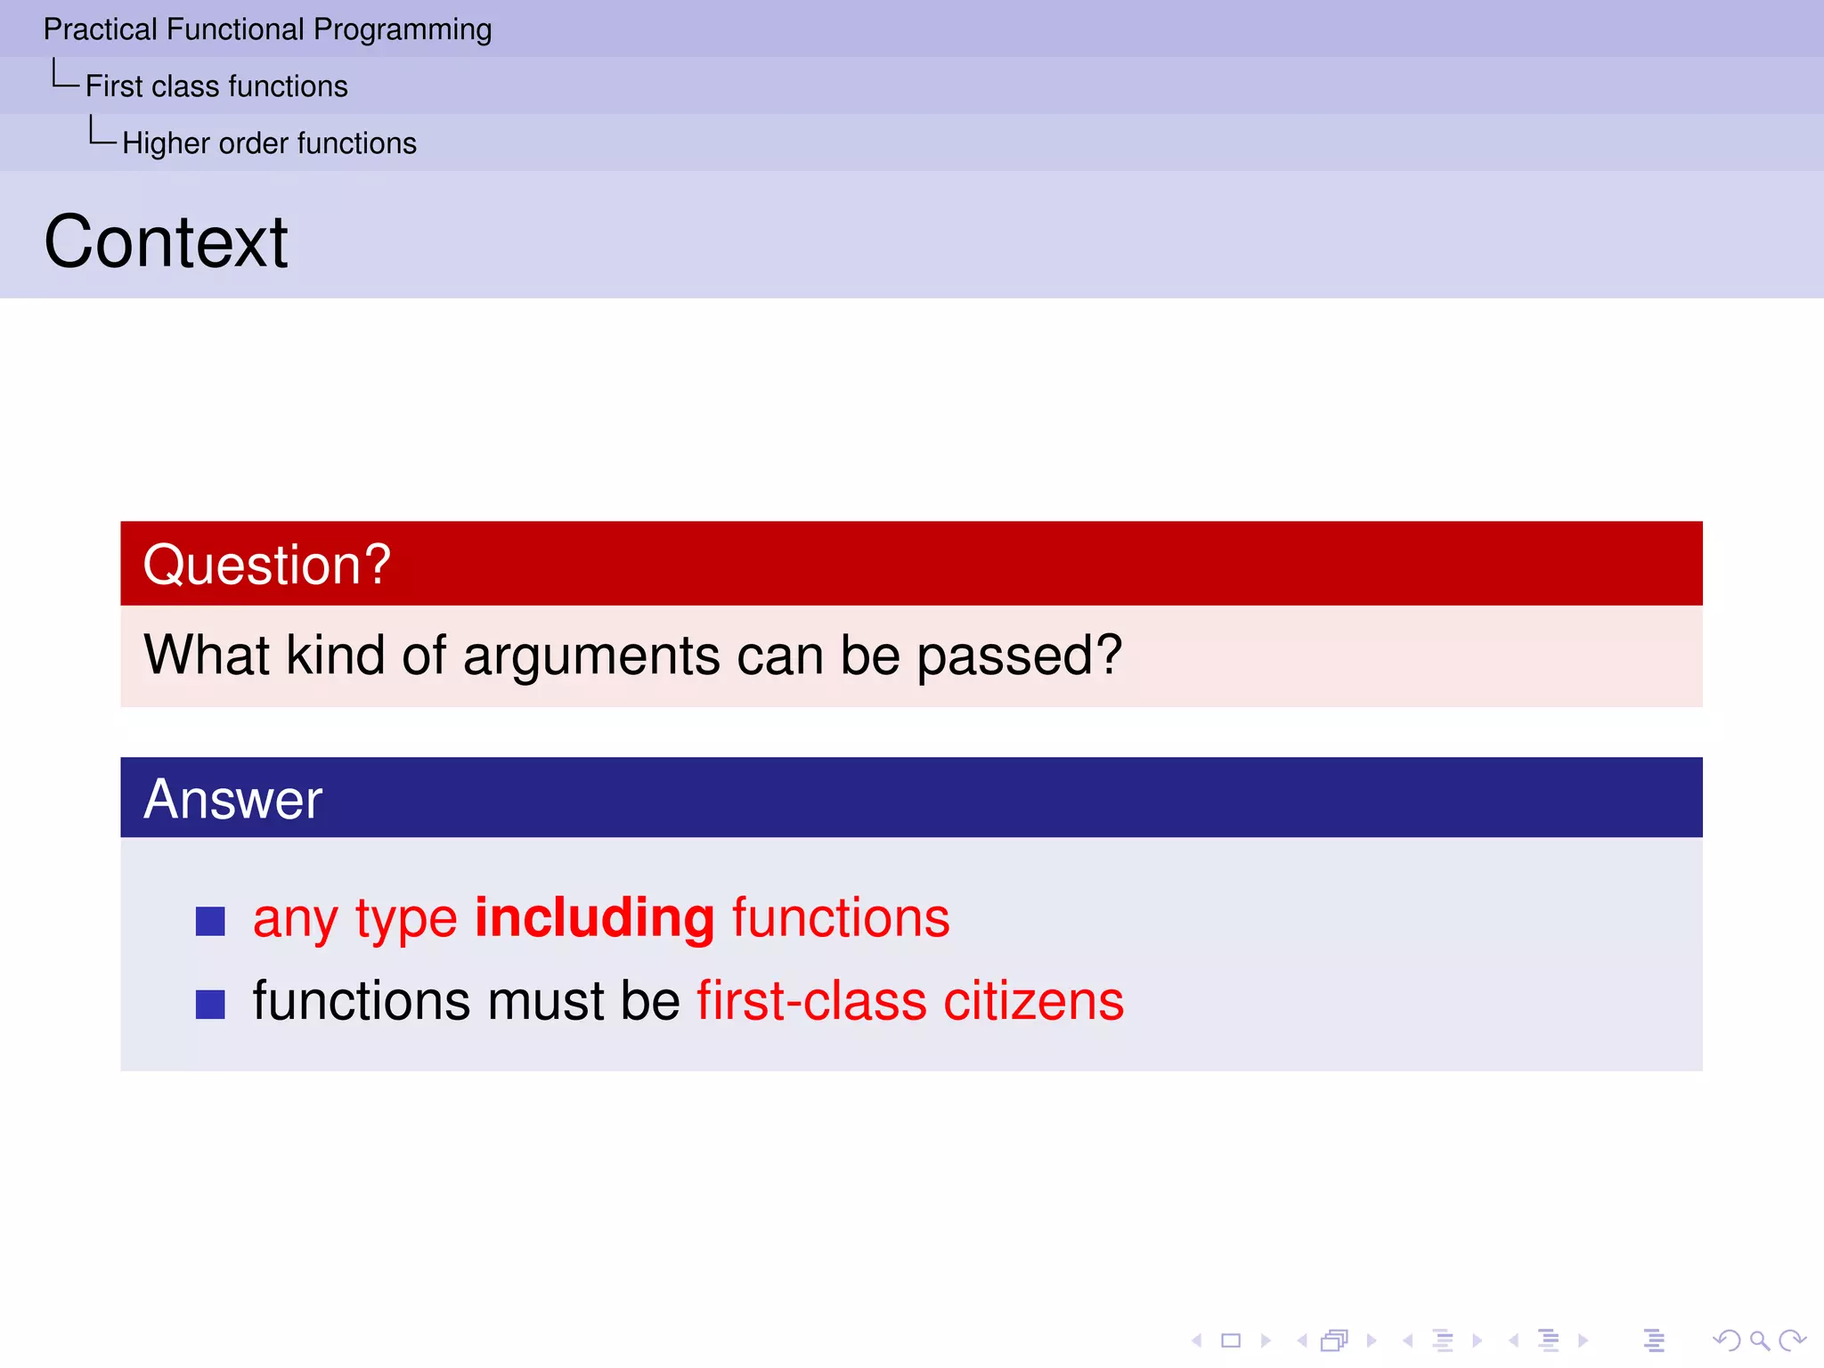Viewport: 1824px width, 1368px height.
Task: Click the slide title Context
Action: point(166,242)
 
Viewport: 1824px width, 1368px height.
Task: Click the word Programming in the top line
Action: point(402,30)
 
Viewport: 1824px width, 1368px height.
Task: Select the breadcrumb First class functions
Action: point(216,86)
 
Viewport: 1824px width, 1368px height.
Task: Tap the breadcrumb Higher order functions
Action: point(269,143)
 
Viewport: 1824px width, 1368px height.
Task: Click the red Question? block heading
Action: point(266,565)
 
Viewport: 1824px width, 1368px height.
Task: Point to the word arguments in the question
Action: point(591,656)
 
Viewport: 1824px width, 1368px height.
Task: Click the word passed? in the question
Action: point(1019,656)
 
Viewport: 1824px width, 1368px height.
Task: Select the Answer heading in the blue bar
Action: point(232,799)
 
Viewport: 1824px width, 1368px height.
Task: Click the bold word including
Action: point(594,917)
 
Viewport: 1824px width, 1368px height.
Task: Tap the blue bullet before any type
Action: point(210,921)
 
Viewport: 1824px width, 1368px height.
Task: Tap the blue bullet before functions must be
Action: point(210,1004)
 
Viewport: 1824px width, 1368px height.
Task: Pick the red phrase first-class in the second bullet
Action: point(811,1001)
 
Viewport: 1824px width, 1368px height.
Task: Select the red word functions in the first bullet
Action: point(840,917)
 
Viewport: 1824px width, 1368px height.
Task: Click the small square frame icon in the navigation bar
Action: point(1231,1340)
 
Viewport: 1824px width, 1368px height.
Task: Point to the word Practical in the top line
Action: point(100,30)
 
